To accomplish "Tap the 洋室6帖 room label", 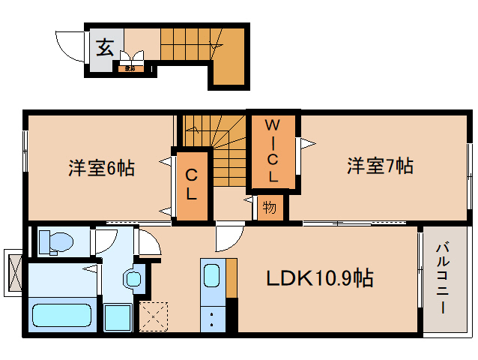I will pyautogui.click(x=101, y=168).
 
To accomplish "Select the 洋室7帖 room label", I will pyautogui.click(x=380, y=166).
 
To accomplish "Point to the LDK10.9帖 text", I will pyautogui.click(x=321, y=278).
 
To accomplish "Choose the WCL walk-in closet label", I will pyautogui.click(x=273, y=150).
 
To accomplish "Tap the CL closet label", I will pyautogui.click(x=192, y=185).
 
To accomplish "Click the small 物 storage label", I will pyautogui.click(x=268, y=207).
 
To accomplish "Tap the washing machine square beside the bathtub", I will pyautogui.click(x=117, y=318).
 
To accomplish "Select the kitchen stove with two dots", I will pyautogui.click(x=211, y=317).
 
